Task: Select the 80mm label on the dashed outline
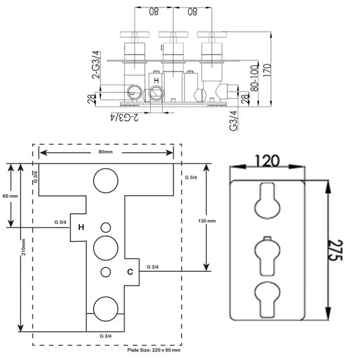(x=106, y=151)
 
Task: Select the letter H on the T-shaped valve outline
(x=80, y=227)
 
